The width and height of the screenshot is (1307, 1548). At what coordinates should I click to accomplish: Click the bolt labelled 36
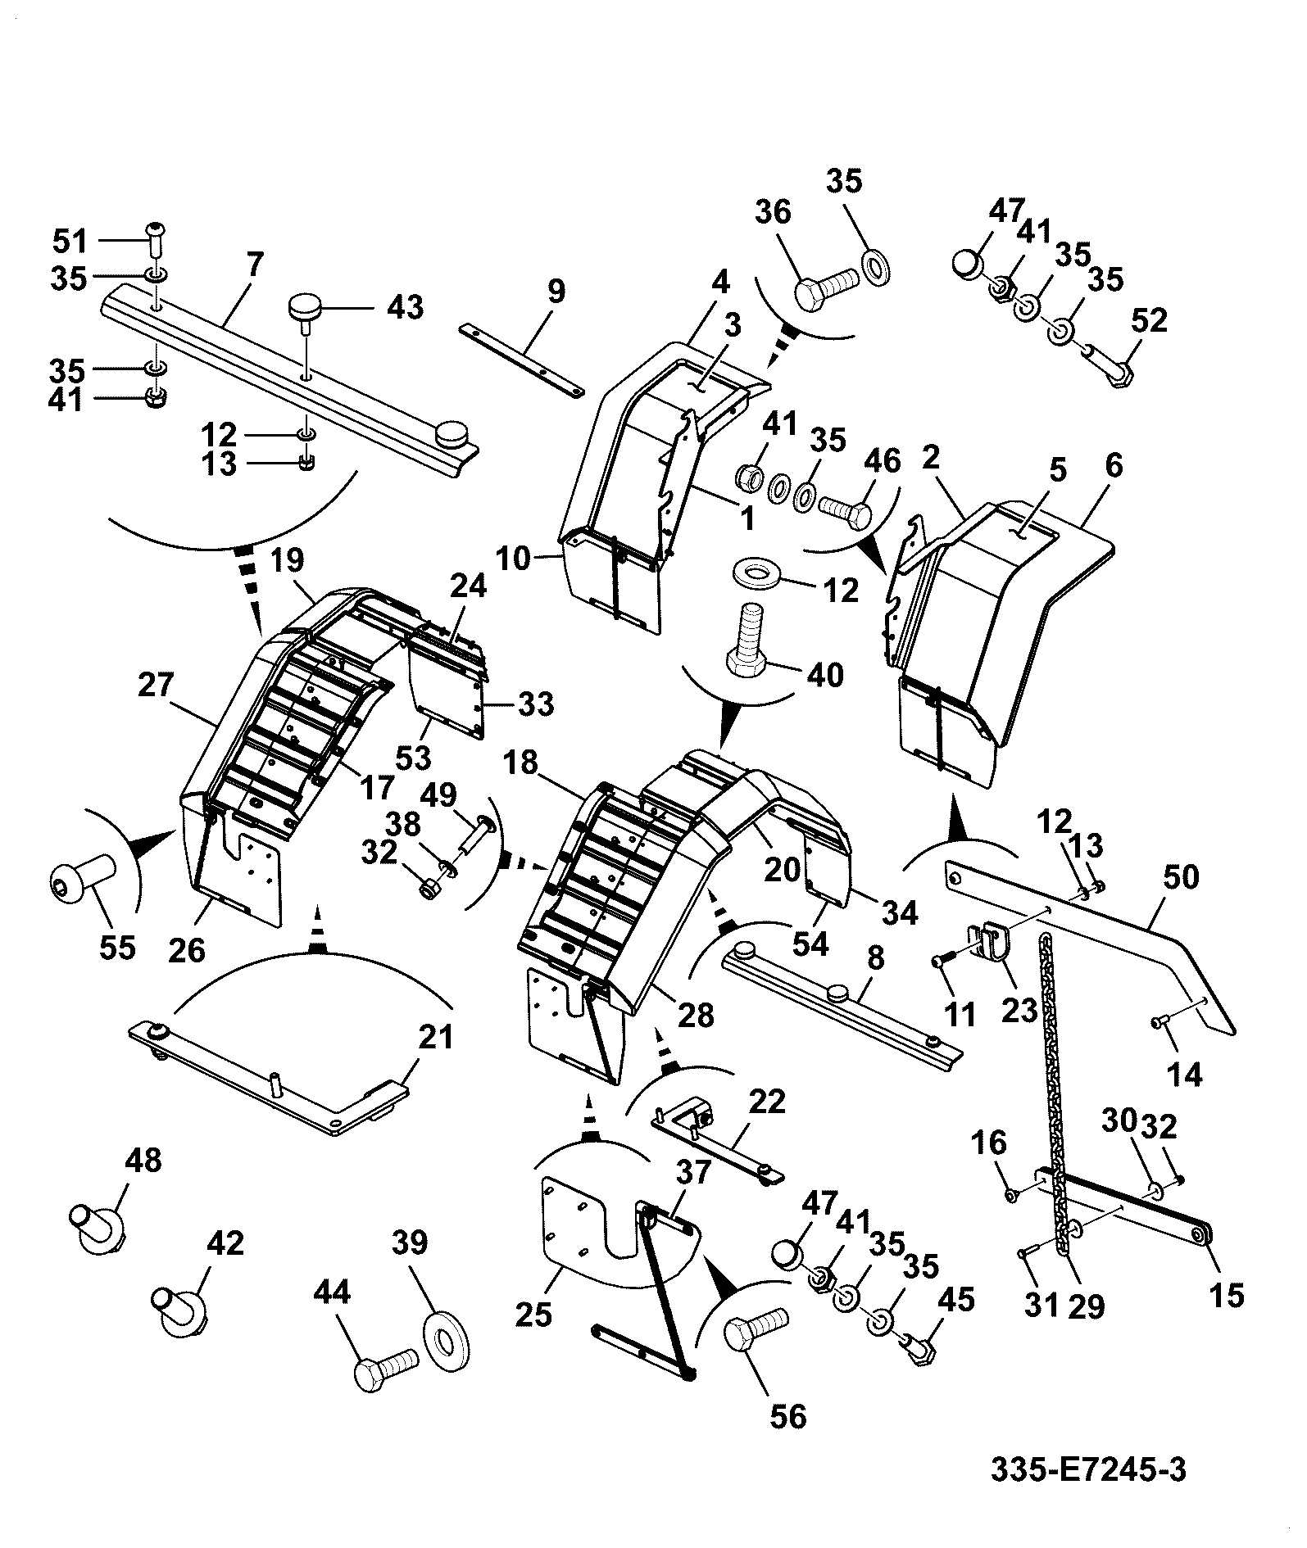pos(828,291)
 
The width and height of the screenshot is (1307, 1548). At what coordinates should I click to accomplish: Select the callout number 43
pos(406,308)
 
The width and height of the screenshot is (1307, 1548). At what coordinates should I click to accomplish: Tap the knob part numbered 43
pos(302,315)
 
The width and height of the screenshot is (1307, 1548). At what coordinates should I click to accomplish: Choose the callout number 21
pos(435,1038)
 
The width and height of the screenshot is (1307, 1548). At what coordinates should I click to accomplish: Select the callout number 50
pos(1181,877)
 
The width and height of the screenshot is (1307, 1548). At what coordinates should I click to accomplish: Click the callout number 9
pos(556,292)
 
